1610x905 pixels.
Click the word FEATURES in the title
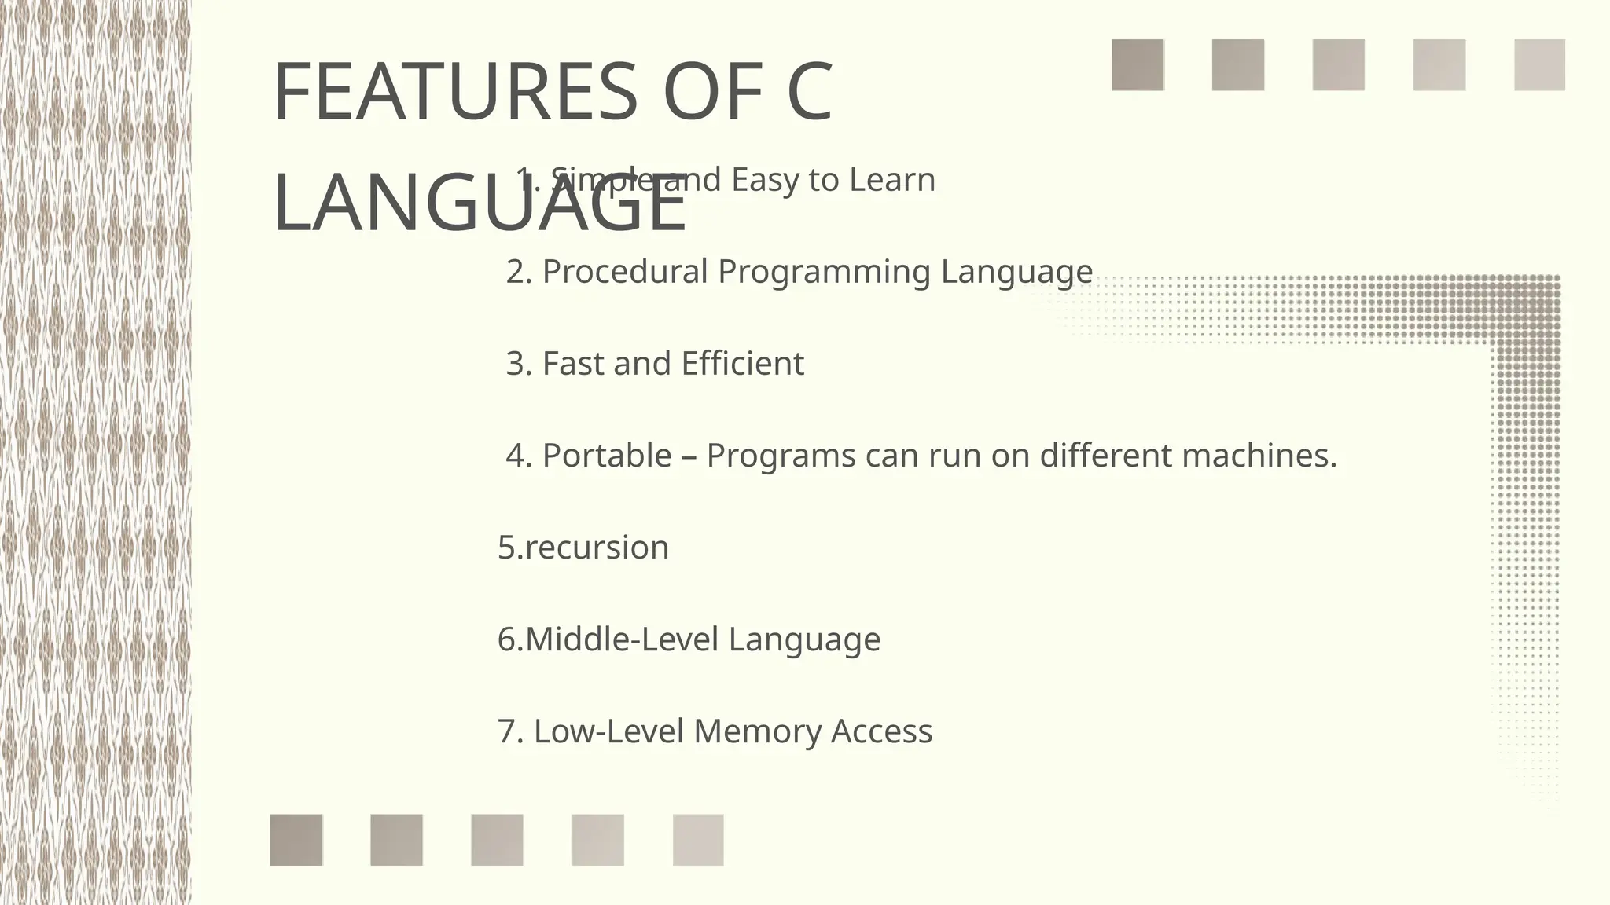[x=454, y=93]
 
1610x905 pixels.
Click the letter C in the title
[x=809, y=93]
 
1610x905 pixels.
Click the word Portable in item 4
[x=607, y=456]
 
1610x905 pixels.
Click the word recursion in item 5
[x=597, y=548]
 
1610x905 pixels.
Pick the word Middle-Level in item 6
[x=622, y=639]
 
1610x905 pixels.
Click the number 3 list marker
[x=516, y=364]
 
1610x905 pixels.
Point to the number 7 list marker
[x=509, y=731]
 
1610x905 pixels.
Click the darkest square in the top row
[x=1137, y=65]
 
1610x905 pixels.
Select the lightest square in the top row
[x=1538, y=65]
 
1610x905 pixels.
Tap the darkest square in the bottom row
[x=296, y=840]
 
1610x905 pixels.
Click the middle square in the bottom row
[x=497, y=840]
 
